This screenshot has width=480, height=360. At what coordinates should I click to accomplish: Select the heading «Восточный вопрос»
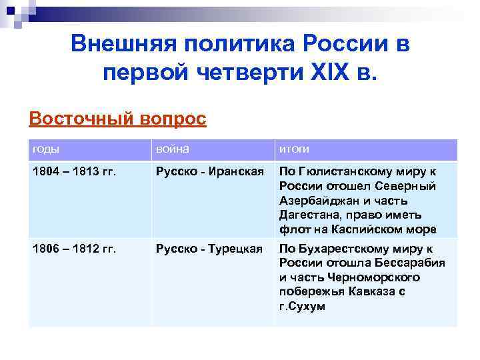[118, 119]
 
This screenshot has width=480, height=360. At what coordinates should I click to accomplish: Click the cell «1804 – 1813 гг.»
[74, 172]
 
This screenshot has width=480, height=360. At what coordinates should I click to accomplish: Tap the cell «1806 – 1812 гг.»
[74, 249]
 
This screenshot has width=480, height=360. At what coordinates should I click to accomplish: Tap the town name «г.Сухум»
[303, 306]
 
